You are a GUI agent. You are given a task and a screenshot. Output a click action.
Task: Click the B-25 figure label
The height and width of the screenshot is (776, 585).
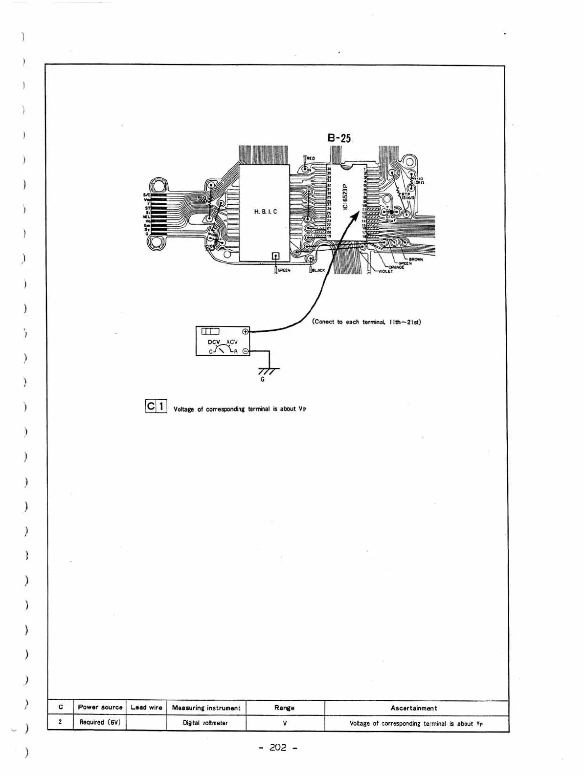(339, 138)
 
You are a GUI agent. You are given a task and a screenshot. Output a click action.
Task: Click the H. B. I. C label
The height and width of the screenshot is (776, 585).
(265, 212)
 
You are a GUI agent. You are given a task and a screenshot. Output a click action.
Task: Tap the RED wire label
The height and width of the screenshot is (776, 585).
(311, 158)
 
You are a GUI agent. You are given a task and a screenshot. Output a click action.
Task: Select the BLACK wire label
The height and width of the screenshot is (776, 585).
(318, 270)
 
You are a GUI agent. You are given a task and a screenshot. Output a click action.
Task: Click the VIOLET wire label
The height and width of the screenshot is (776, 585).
(385, 271)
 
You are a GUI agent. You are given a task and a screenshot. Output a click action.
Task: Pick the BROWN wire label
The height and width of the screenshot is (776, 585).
(416, 259)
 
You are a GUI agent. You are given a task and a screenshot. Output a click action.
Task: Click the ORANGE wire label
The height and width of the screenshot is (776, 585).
(396, 267)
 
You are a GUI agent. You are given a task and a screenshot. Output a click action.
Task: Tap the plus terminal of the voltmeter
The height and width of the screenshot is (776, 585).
(245, 331)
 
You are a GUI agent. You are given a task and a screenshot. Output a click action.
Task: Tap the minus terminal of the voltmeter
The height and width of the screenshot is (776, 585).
(245, 351)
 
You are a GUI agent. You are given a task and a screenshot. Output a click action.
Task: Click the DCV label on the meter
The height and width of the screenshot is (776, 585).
(215, 342)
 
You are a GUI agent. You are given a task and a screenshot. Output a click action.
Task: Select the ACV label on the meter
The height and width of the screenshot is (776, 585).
(230, 342)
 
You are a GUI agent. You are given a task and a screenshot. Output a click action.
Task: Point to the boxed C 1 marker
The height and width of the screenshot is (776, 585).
(156, 406)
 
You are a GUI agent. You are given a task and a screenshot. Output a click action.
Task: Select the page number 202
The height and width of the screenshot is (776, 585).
(277, 747)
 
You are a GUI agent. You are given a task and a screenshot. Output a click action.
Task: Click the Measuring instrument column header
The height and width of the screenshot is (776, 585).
(206, 708)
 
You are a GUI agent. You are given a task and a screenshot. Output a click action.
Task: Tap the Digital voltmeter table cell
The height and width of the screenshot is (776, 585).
(205, 723)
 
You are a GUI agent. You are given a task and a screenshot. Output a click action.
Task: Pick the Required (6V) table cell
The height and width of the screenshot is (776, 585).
(100, 722)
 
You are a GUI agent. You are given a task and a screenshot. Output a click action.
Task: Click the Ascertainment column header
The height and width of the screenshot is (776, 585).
(414, 708)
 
